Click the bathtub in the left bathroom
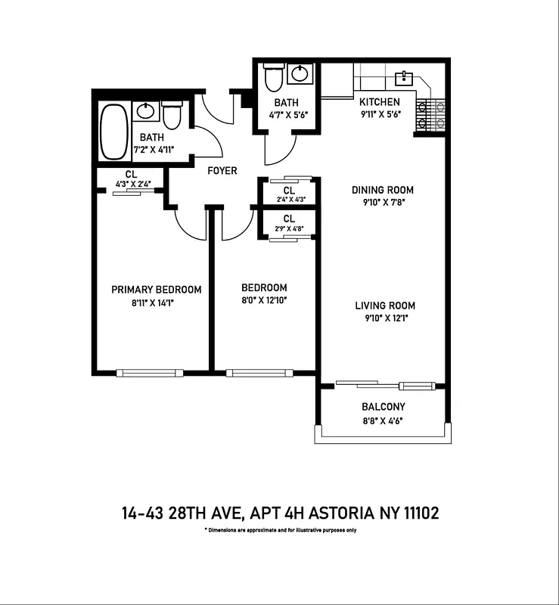click(115, 131)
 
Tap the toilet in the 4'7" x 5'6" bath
click(273, 77)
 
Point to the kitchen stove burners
click(431, 115)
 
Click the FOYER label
click(222, 171)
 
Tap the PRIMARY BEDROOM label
click(157, 290)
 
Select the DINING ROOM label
click(383, 190)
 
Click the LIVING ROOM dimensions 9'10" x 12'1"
click(385, 319)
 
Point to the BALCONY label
click(384, 407)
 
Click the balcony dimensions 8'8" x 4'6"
click(383, 420)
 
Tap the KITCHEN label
click(380, 102)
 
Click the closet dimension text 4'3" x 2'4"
click(133, 184)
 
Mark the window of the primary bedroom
click(150, 372)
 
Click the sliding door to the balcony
click(386, 385)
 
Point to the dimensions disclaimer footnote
click(280, 531)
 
